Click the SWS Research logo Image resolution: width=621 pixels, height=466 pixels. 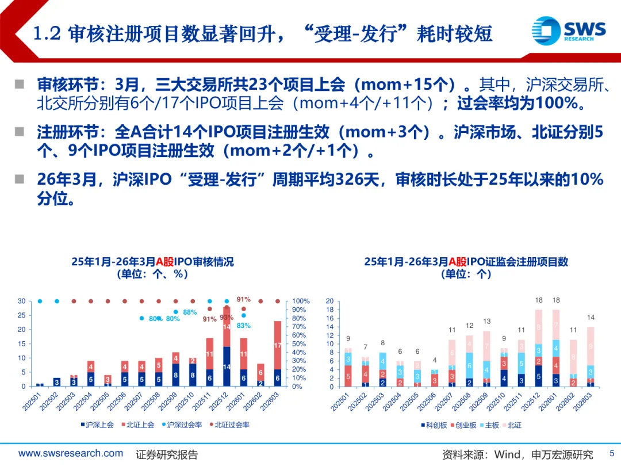[568, 29]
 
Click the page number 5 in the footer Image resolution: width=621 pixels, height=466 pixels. [611, 453]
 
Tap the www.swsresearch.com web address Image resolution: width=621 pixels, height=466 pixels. [71, 453]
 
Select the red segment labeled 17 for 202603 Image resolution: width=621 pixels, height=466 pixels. [278, 345]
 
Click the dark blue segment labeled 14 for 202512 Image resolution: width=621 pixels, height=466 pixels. [227, 366]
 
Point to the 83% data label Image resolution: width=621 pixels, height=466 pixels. [243, 326]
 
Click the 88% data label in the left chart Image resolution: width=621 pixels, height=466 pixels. [190, 312]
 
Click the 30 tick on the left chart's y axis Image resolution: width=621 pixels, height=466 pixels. [21, 301]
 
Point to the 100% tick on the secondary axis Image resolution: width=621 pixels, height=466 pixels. [301, 301]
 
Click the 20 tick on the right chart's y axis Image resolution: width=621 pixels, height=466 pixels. [329, 301]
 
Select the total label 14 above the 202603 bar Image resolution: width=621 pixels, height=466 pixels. [591, 318]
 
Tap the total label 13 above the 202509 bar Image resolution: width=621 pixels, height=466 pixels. [486, 322]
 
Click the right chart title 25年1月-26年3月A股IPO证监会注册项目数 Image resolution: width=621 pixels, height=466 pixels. [466, 262]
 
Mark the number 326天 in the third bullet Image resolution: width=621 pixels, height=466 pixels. [356, 179]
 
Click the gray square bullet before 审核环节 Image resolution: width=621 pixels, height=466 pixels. [20, 85]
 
